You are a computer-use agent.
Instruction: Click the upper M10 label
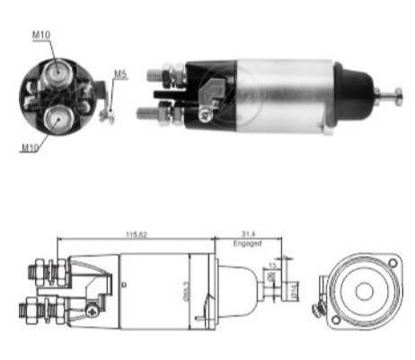pos(41,35)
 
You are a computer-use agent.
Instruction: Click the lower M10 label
pos(29,145)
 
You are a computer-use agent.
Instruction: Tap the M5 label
pos(120,75)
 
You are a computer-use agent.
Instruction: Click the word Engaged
pos(246,243)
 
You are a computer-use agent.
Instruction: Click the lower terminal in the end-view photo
pos(57,118)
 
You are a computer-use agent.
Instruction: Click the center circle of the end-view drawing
pos(363,292)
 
